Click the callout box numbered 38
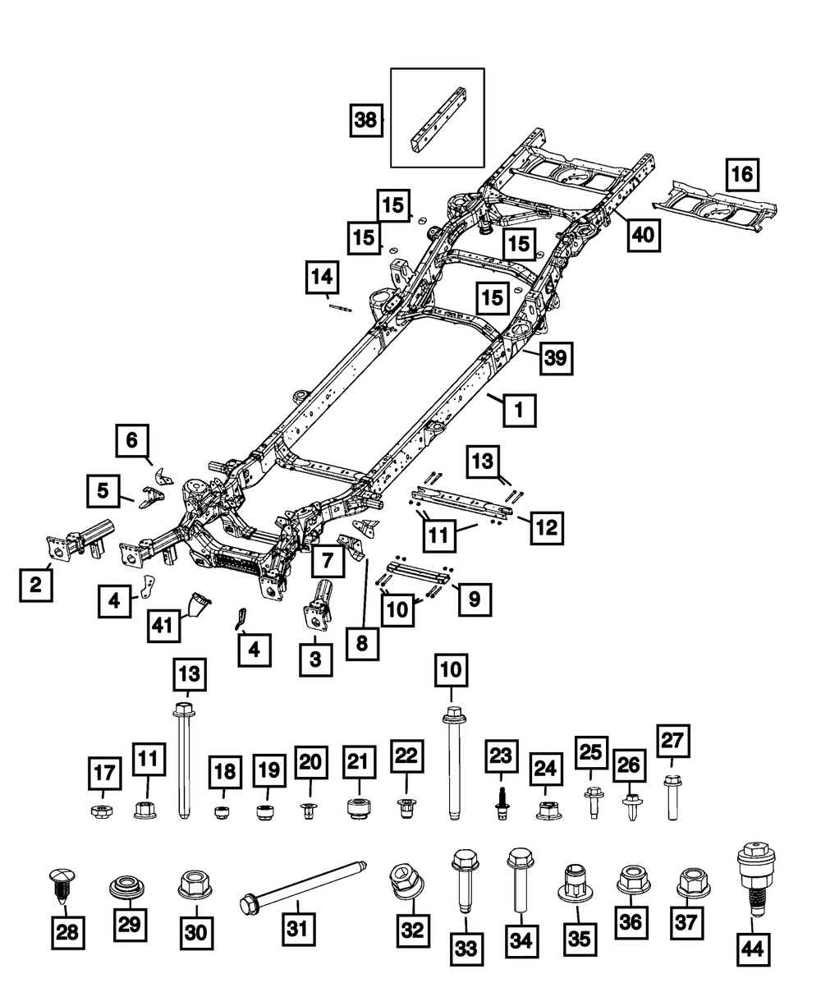[365, 120]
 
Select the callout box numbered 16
[742, 175]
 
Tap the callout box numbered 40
[644, 235]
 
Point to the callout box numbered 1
[520, 410]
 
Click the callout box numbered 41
[163, 625]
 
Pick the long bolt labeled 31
[303, 884]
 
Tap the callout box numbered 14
[322, 277]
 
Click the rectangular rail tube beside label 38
[438, 119]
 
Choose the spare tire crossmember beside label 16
[714, 208]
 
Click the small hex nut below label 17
[102, 811]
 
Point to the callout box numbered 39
[556, 358]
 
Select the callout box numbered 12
[547, 527]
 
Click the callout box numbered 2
[36, 585]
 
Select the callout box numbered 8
[362, 644]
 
